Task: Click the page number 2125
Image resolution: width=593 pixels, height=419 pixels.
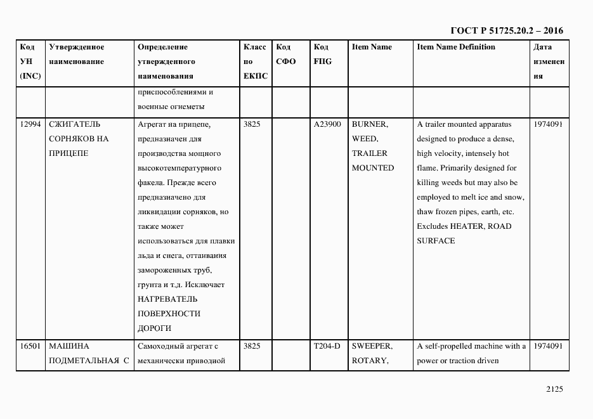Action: pyautogui.click(x=554, y=390)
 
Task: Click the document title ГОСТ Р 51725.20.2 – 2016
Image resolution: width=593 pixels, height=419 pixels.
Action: pyautogui.click(x=506, y=30)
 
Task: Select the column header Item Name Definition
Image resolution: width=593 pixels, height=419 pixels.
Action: pyautogui.click(x=456, y=47)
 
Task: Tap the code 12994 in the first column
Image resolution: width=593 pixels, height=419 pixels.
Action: pyautogui.click(x=30, y=124)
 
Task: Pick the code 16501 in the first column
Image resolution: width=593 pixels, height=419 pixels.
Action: pyautogui.click(x=30, y=346)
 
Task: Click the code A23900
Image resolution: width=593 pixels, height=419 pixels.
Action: pyautogui.click(x=327, y=124)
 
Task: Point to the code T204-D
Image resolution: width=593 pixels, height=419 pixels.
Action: pyautogui.click(x=327, y=346)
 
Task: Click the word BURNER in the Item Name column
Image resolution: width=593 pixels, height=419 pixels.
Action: pyautogui.click(x=369, y=124)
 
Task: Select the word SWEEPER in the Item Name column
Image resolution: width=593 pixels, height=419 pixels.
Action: pyautogui.click(x=372, y=346)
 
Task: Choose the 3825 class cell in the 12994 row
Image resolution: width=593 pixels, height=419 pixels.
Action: pyautogui.click(x=252, y=124)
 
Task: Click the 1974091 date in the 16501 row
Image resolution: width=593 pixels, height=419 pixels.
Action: pyautogui.click(x=548, y=346)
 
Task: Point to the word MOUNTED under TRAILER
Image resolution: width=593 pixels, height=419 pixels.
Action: pyautogui.click(x=373, y=168)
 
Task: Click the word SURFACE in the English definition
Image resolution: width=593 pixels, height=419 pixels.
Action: pyautogui.click(x=436, y=241)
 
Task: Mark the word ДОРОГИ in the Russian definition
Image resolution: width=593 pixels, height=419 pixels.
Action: pyautogui.click(x=154, y=328)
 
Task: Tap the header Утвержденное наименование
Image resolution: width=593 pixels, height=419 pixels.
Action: pyautogui.click(x=76, y=55)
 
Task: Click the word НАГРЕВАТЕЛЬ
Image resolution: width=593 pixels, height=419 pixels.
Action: pyautogui.click(x=167, y=299)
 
